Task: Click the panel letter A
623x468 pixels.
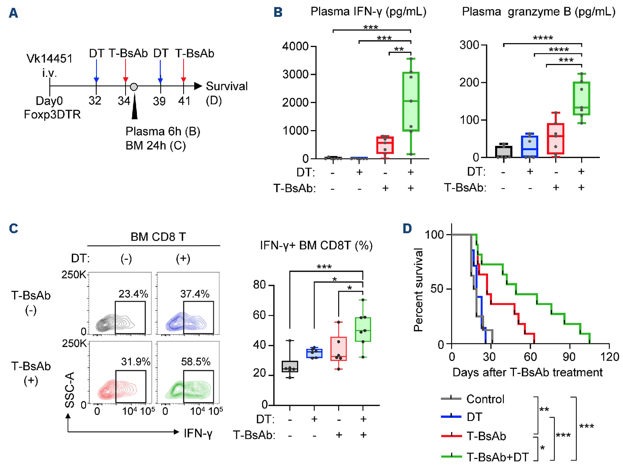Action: click(13, 13)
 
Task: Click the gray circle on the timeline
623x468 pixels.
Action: click(134, 87)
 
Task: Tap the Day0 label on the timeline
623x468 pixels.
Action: click(49, 101)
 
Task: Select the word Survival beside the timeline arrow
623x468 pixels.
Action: click(227, 86)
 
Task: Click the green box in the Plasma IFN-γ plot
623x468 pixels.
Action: click(411, 102)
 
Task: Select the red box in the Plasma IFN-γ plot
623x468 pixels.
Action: click(385, 145)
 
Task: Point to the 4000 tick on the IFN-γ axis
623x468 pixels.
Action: click(295, 46)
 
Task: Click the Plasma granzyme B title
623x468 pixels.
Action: click(538, 12)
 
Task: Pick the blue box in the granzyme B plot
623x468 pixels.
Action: click(530, 147)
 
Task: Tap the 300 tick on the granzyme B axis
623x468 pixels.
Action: click(470, 45)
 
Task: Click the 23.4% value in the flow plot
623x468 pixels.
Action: click(133, 294)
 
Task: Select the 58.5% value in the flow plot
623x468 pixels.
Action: click(196, 361)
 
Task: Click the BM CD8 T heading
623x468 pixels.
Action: click(158, 237)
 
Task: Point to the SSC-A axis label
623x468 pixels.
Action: click(70, 390)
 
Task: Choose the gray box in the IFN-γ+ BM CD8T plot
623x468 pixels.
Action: click(290, 366)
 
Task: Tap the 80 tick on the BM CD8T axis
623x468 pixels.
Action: click(260, 285)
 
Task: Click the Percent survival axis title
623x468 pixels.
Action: click(419, 290)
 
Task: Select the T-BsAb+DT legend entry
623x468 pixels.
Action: click(497, 457)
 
